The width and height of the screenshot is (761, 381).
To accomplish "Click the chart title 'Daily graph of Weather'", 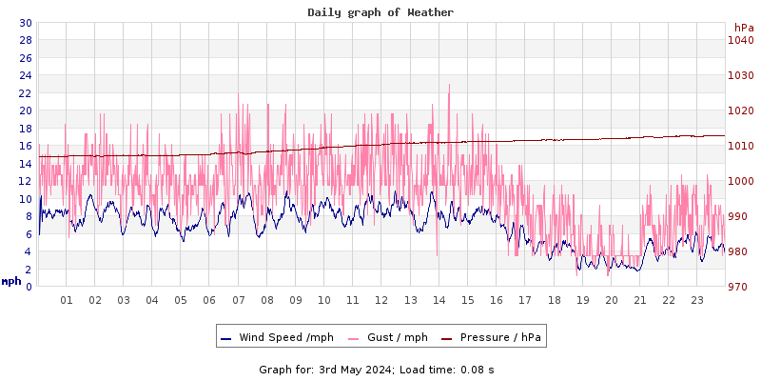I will tap(380, 12).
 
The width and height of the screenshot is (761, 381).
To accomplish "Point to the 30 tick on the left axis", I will tap(25, 23).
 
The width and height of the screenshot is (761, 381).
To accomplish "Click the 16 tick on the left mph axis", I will tap(25, 146).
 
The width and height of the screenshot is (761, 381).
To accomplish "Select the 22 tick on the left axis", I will tap(25, 93).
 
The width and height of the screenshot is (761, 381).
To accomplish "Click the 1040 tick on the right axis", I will tap(740, 40).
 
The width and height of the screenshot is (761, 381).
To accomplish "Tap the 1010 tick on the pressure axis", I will tap(740, 146).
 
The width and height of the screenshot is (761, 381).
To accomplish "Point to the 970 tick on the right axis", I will tap(740, 287).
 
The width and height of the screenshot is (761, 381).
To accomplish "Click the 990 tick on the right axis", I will tap(740, 216).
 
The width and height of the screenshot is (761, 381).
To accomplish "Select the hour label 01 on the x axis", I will tap(67, 300).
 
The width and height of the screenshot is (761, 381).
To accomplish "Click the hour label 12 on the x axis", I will tap(381, 300).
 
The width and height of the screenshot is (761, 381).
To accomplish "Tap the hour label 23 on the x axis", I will tap(697, 300).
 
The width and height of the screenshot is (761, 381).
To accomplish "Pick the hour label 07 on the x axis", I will tap(239, 300).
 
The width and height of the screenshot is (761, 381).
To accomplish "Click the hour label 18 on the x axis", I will tap(554, 300).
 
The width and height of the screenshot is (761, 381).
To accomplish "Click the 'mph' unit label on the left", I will tap(11, 281).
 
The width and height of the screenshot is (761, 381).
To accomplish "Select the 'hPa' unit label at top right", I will tap(743, 28).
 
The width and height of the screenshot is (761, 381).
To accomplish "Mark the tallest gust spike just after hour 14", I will tap(449, 85).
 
